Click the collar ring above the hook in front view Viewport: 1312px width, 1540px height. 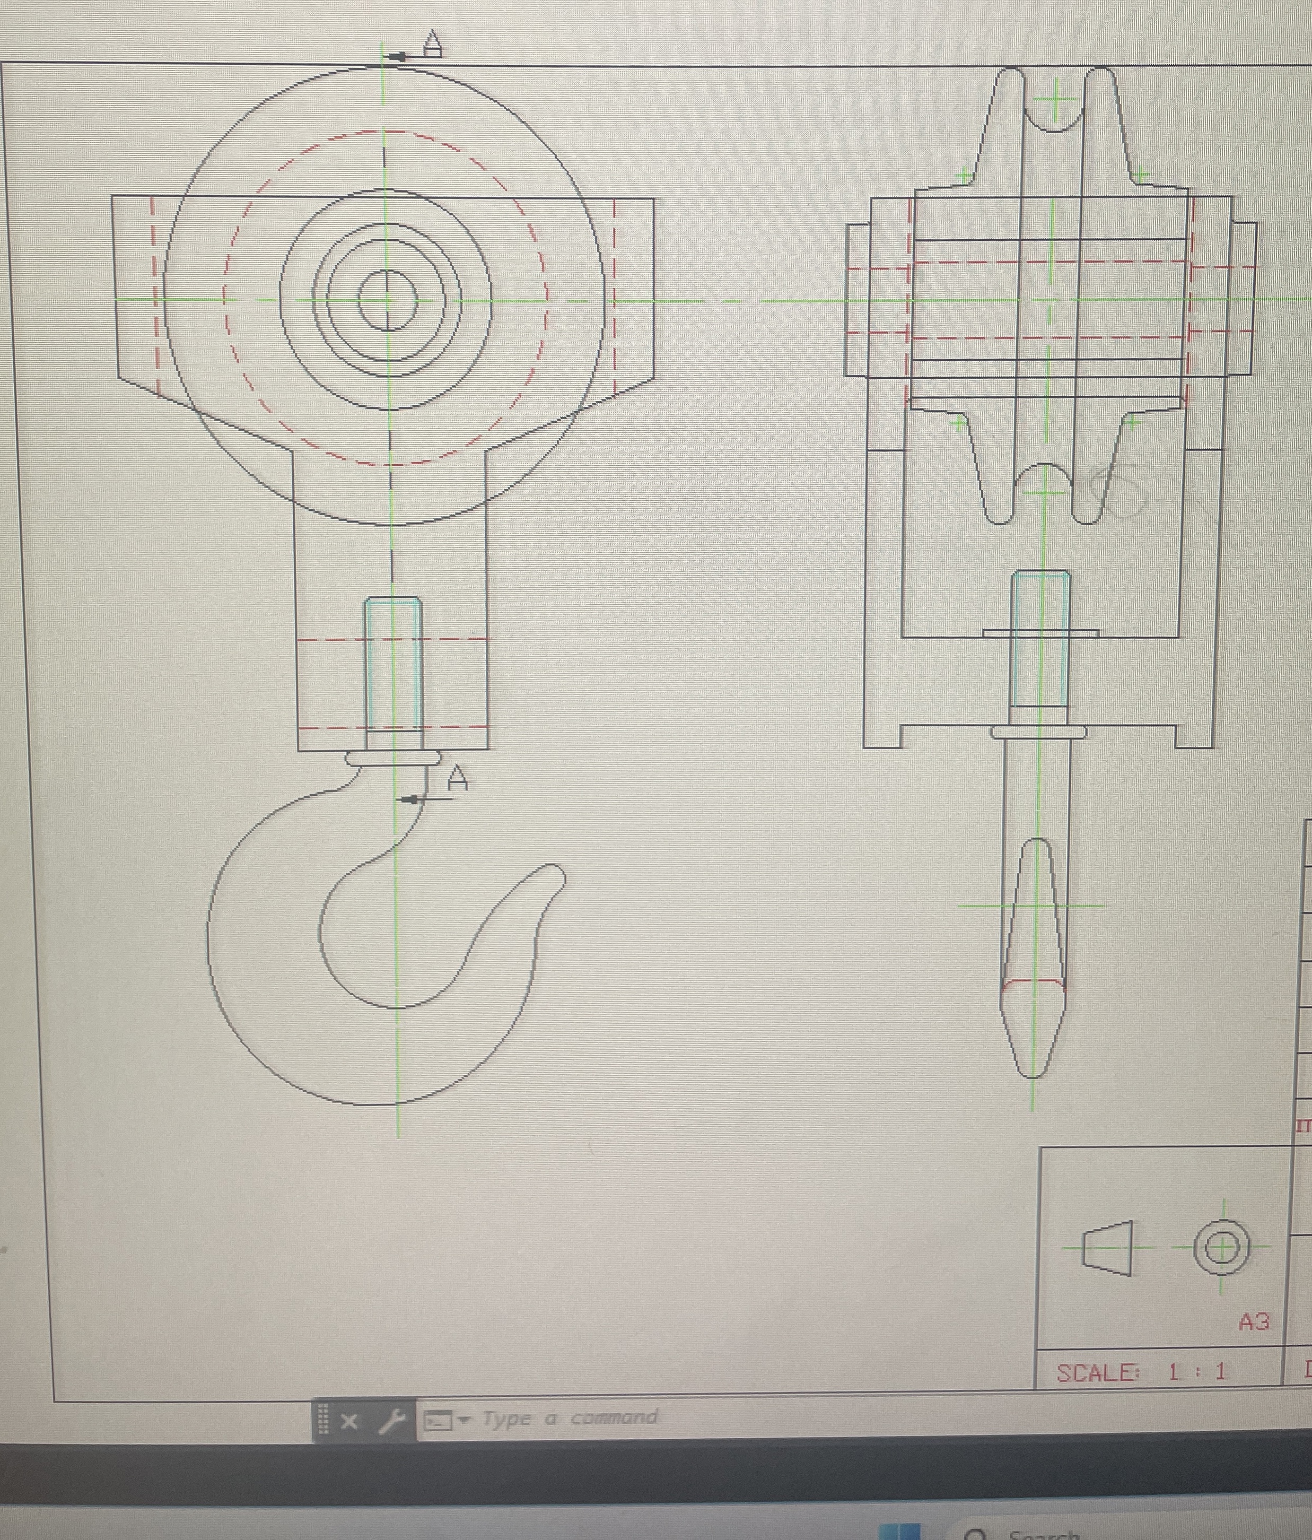click(x=393, y=758)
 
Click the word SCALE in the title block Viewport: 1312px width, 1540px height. click(x=1097, y=1373)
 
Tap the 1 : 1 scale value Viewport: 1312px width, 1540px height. click(x=1196, y=1372)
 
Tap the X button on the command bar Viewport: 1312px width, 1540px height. click(x=348, y=1421)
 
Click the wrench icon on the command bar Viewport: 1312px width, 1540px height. click(x=391, y=1421)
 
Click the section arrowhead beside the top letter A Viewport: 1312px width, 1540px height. click(x=397, y=56)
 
